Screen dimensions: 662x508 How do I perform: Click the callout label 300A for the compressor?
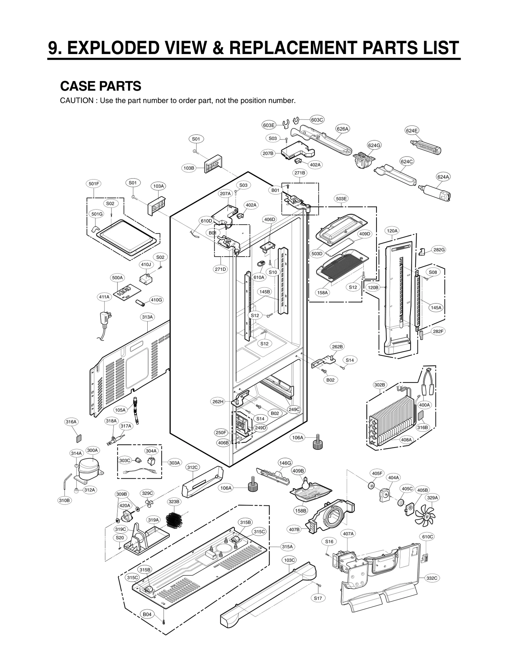coord(93,450)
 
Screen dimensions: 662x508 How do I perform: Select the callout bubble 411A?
coord(104,297)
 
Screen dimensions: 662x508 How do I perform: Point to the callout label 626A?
coord(343,129)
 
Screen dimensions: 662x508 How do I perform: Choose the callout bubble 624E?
coord(412,130)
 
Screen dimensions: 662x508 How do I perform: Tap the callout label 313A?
coord(147,317)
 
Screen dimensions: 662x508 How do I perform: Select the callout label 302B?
coord(379,385)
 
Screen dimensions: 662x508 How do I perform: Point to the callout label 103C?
coord(289,560)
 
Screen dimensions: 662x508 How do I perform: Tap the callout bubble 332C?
coord(432,578)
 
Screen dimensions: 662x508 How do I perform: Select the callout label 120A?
coord(392,231)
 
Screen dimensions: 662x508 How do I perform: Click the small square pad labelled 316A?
coord(78,438)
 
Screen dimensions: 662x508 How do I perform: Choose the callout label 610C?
coord(428,537)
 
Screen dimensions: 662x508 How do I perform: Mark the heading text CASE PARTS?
coord(101,86)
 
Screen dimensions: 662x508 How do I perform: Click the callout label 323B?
coord(174,502)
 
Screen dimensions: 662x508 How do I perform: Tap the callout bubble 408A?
coord(406,440)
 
